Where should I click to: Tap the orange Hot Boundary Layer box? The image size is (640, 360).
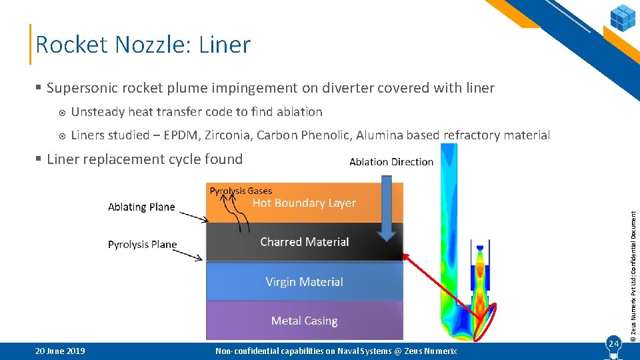point(304,203)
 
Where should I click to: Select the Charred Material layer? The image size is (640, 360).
point(304,242)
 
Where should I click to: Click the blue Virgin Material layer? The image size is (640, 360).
point(304,282)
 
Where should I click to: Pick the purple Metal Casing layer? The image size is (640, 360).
point(304,321)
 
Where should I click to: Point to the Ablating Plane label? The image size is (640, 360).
point(141,207)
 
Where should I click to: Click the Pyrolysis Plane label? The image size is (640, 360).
point(142,245)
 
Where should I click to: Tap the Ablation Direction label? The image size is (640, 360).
point(391,162)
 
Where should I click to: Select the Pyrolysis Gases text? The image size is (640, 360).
point(241,191)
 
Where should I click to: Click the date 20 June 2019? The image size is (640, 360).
point(60,351)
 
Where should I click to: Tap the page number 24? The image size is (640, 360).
point(613,343)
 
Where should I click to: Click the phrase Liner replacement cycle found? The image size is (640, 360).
point(145,159)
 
